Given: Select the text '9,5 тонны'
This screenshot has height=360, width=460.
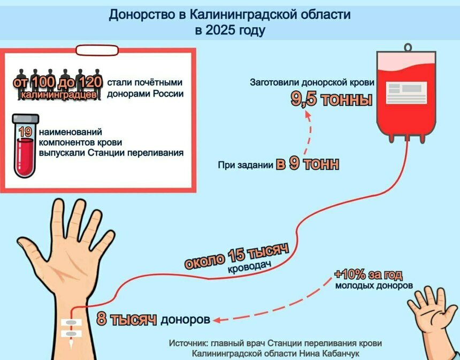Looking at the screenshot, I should (331, 99).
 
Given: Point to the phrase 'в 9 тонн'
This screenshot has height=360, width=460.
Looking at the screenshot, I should (308, 164).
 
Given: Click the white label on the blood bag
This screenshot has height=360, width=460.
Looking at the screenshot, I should (406, 93).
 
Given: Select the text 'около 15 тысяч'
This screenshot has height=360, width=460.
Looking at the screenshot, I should (236, 256).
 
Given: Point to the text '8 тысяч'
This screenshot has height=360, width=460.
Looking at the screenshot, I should (126, 319).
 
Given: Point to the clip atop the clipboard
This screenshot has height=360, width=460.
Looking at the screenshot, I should (97, 50).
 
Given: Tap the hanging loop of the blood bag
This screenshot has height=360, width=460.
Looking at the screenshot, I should (408, 47).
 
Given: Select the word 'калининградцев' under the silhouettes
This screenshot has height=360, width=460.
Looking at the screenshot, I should (59, 95).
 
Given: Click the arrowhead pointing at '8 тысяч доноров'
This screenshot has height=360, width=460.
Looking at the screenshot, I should (217, 320).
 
